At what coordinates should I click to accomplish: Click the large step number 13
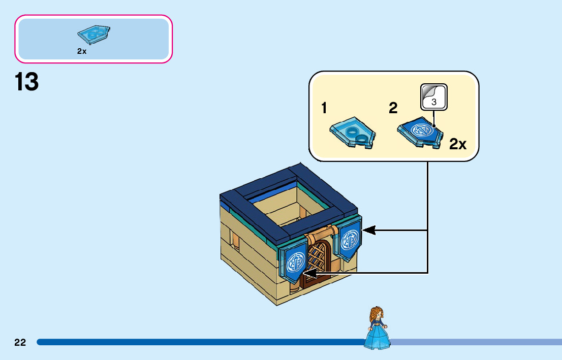coord(27,82)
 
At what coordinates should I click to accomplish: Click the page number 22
coord(20,342)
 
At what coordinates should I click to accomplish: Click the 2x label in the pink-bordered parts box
coord(82,51)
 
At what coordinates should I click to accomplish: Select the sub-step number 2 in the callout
coord(393,108)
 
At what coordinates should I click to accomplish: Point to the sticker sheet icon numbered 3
coord(433,97)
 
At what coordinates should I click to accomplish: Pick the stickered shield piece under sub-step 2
coord(422,133)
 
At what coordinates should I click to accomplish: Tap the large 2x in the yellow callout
coord(457,145)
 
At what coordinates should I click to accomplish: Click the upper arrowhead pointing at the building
coord(368,231)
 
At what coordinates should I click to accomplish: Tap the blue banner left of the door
coord(295,264)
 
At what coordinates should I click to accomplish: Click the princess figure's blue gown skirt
coord(377,338)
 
